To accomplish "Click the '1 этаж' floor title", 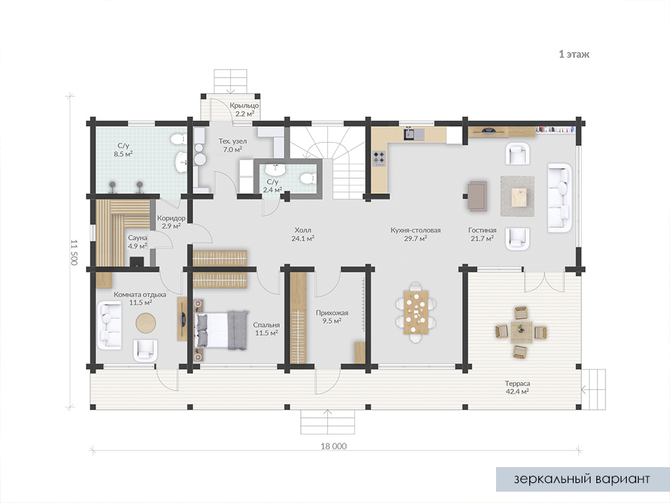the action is pyautogui.click(x=574, y=54).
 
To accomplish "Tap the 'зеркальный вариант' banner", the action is pyautogui.click(x=582, y=479).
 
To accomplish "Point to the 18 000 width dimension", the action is pyautogui.click(x=334, y=446).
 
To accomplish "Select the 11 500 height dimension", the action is pyautogui.click(x=74, y=252).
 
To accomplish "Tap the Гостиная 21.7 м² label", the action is pyautogui.click(x=483, y=235).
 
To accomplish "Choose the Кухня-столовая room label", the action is pyautogui.click(x=415, y=230).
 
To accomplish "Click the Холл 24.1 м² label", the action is pyautogui.click(x=303, y=235).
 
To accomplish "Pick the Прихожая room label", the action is pyautogui.click(x=332, y=313).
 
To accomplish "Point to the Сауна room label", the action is pyautogui.click(x=137, y=238).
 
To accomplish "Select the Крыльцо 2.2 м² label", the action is pyautogui.click(x=244, y=110).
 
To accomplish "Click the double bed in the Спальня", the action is pyautogui.click(x=222, y=330).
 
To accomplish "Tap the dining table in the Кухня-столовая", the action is pyautogui.click(x=416, y=312).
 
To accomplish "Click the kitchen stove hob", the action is pyautogui.click(x=379, y=158).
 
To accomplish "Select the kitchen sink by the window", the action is pyautogui.click(x=414, y=134).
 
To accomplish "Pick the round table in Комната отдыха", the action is pyautogui.click(x=145, y=323).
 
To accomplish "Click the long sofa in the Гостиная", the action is pyautogui.click(x=559, y=197).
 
